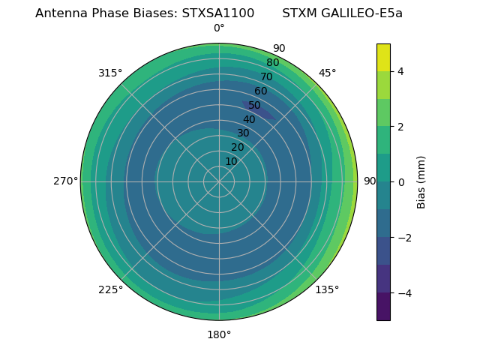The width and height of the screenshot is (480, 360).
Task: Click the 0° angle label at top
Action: (219, 28)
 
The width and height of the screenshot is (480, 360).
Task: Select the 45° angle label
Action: (327, 73)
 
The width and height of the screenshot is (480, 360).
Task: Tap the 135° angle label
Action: (327, 289)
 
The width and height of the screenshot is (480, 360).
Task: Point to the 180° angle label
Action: (219, 334)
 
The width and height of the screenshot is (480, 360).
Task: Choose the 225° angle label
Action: (110, 289)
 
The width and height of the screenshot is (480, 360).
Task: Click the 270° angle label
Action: (65, 181)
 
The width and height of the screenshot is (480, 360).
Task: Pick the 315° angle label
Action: (110, 73)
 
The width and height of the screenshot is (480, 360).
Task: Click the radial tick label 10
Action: (232, 161)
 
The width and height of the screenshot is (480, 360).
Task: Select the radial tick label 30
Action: (243, 133)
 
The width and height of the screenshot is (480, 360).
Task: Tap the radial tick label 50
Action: (255, 106)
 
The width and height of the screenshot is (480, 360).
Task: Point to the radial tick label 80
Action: (273, 63)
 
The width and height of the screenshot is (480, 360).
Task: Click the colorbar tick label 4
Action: (400, 71)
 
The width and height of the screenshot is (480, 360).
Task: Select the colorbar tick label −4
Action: (403, 292)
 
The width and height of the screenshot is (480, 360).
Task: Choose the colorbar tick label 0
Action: (400, 181)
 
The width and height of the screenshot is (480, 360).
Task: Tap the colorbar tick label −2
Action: (403, 238)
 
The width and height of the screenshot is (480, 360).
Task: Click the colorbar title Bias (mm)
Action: (421, 181)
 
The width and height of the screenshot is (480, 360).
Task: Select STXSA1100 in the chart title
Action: (218, 13)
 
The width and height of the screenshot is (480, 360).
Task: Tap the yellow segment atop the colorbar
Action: (383, 58)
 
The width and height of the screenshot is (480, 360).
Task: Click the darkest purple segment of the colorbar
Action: (383, 306)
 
